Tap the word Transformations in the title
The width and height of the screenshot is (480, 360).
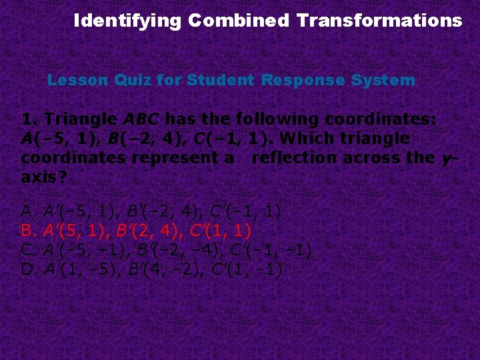click(x=379, y=21)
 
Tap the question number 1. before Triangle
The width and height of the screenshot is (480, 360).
click(x=29, y=120)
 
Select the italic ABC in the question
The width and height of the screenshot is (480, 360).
click(x=141, y=120)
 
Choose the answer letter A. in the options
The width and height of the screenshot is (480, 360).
click(x=28, y=212)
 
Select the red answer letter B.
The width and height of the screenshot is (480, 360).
click(x=28, y=231)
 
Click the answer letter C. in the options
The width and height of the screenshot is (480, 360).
click(x=28, y=251)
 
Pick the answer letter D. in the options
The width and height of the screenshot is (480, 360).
click(x=28, y=270)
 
